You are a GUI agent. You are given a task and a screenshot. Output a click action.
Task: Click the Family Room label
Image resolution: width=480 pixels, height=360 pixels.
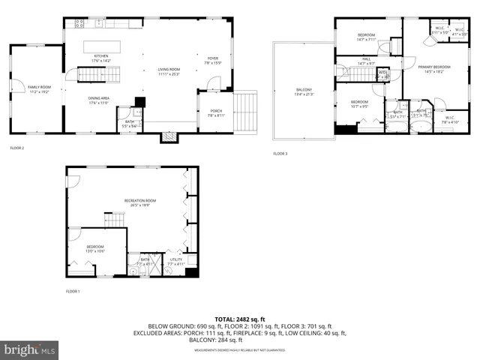click(x=38, y=89)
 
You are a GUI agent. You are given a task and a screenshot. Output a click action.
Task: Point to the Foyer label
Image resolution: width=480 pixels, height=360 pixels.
click(x=212, y=59)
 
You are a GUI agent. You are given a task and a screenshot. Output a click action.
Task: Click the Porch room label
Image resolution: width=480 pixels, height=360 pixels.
click(x=215, y=112)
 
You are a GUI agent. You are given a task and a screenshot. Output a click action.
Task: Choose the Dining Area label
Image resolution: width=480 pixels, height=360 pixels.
click(x=100, y=100)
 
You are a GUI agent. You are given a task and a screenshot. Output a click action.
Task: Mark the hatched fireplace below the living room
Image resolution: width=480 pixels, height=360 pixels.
click(x=169, y=137)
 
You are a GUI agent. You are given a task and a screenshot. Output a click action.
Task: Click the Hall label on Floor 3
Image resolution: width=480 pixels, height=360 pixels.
click(x=366, y=61)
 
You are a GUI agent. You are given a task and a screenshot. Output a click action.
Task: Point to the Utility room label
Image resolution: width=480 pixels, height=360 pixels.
click(x=175, y=261)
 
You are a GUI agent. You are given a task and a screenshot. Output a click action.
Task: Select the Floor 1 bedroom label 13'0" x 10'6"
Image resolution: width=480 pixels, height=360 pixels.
click(x=94, y=249)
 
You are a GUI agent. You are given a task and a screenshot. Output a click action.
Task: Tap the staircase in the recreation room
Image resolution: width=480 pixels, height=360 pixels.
click(x=114, y=219)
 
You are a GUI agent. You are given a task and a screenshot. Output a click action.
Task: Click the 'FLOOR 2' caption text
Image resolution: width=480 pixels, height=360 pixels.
click(x=17, y=148)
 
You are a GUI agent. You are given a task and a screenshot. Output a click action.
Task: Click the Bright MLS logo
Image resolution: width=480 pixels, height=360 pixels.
click(x=30, y=349)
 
